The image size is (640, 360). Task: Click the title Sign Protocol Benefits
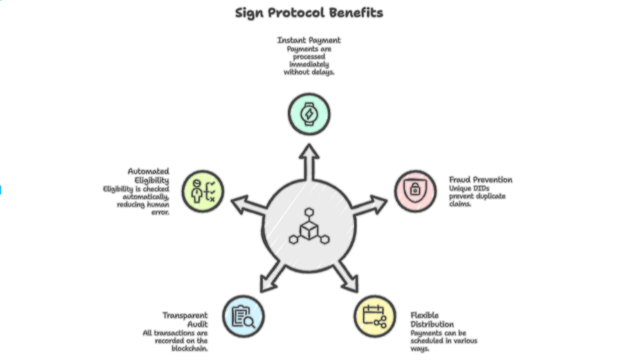pyautogui.click(x=309, y=12)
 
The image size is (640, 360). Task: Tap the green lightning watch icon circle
pyautogui.click(x=309, y=114)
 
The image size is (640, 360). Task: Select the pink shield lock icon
pyautogui.click(x=415, y=190)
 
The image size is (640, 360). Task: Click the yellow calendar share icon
pyautogui.click(x=374, y=316)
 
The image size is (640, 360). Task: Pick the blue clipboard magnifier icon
pyautogui.click(x=243, y=316)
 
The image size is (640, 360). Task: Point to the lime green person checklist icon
pyautogui.click(x=202, y=191)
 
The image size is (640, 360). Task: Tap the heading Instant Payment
pyautogui.click(x=309, y=40)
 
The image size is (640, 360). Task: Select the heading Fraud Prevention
pyautogui.click(x=480, y=179)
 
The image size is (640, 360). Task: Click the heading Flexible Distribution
pyautogui.click(x=432, y=319)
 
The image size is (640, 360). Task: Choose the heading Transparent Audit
pyautogui.click(x=186, y=319)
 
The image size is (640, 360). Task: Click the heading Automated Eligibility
pyautogui.click(x=149, y=175)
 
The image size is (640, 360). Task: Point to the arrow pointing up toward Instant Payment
pyautogui.click(x=309, y=160)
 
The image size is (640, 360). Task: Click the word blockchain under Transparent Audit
pyautogui.click(x=189, y=348)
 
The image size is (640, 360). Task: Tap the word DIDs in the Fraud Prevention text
pyautogui.click(x=484, y=188)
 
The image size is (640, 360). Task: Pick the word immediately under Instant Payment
pyautogui.click(x=309, y=64)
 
